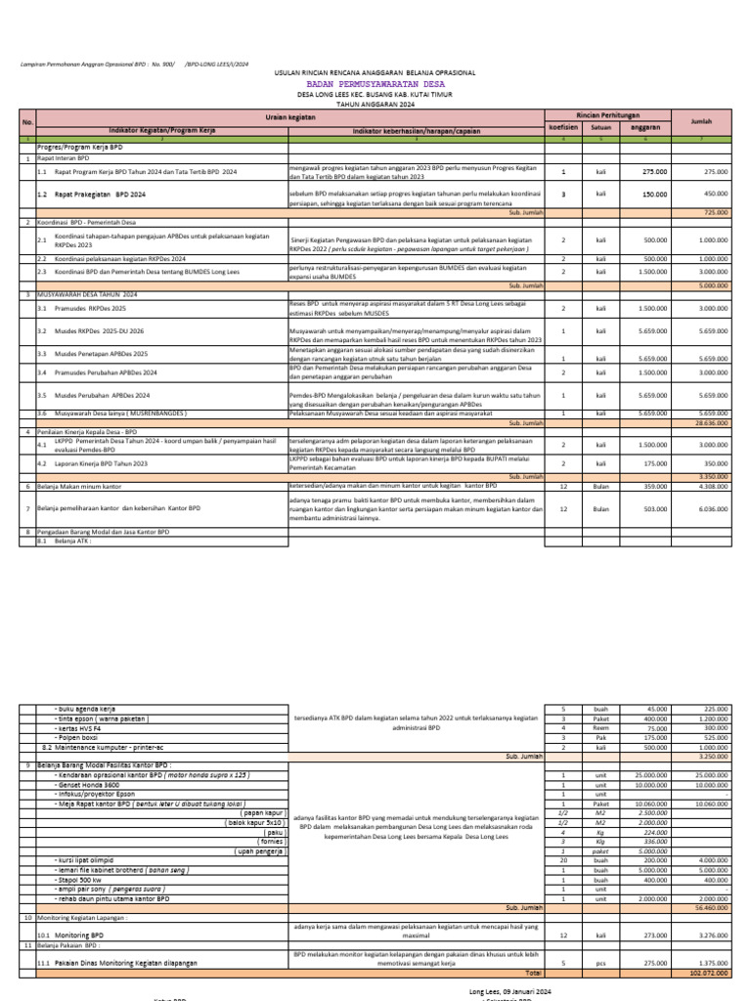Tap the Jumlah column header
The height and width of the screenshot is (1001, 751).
701,121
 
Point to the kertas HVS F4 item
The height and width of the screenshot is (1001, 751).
82,727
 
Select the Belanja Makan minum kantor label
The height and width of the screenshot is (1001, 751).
79,485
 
